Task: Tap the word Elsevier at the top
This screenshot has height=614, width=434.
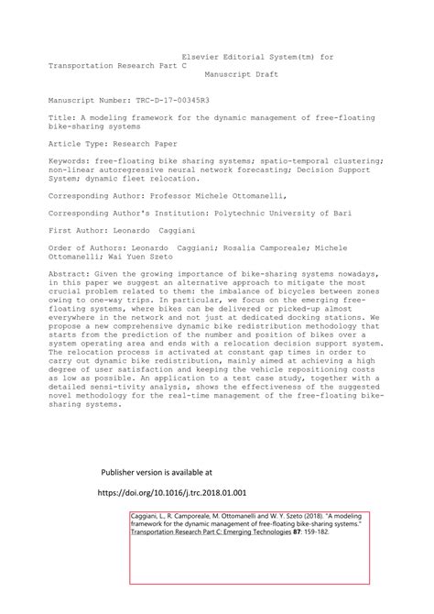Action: coord(205,58)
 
